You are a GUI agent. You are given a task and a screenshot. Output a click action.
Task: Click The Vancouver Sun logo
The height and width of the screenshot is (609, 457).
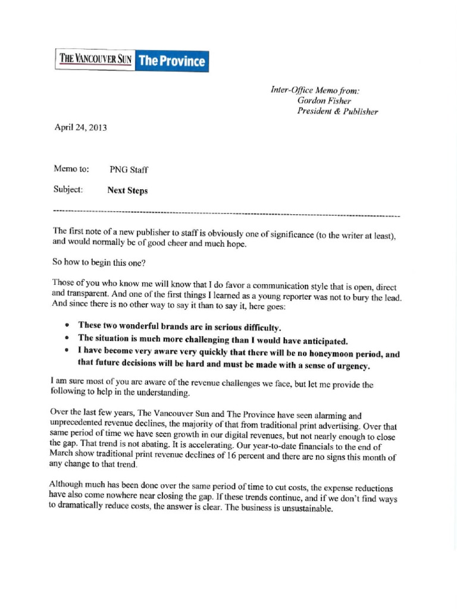point(95,60)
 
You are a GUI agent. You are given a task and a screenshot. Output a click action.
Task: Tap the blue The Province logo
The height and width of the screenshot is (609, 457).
point(172,61)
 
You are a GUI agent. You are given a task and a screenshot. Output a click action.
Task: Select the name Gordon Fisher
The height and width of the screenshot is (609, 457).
point(320,101)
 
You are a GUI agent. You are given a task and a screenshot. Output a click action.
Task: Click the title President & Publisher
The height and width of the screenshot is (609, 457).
point(337,111)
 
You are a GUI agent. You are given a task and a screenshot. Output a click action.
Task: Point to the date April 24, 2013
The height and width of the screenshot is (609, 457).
point(80,127)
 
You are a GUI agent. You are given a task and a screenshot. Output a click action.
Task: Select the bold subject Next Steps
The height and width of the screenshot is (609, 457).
point(127,191)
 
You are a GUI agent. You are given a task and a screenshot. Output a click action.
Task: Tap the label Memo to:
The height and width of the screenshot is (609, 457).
point(71,169)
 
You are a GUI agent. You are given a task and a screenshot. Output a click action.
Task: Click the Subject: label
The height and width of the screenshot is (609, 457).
point(68,190)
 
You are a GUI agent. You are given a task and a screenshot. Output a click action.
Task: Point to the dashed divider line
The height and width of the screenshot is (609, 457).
point(226,213)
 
